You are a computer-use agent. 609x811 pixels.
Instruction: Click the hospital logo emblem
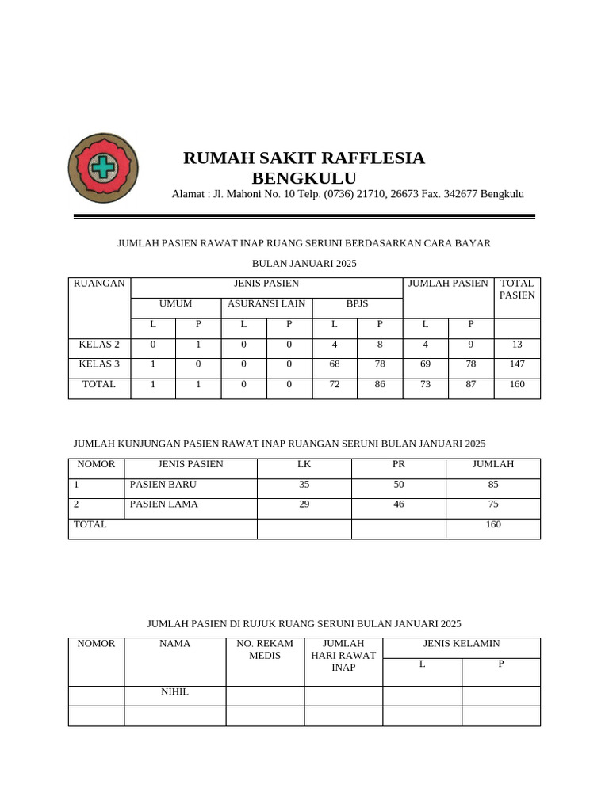click(103, 168)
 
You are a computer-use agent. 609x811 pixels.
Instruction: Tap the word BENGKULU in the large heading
click(304, 177)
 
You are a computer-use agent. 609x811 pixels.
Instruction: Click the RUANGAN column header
click(99, 284)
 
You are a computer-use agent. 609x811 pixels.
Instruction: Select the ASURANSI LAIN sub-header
click(266, 303)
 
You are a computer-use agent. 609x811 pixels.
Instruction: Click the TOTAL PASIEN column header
click(517, 289)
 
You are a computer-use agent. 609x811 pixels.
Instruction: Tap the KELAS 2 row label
click(99, 345)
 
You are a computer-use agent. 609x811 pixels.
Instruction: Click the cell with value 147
click(517, 364)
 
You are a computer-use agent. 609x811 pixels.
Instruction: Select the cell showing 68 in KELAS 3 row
click(334, 364)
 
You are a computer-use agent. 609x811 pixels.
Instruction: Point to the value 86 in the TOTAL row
click(380, 384)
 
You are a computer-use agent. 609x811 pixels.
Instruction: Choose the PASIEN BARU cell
click(163, 484)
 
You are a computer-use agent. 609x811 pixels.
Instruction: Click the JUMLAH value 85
click(493, 484)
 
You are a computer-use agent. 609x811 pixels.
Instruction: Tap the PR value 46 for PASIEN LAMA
click(399, 504)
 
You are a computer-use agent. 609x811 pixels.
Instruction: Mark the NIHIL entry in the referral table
click(174, 691)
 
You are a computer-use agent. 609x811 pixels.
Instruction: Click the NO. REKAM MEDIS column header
click(265, 649)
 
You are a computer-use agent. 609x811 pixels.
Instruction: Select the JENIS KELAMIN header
click(462, 644)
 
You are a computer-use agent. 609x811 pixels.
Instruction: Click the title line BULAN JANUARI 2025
click(304, 263)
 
